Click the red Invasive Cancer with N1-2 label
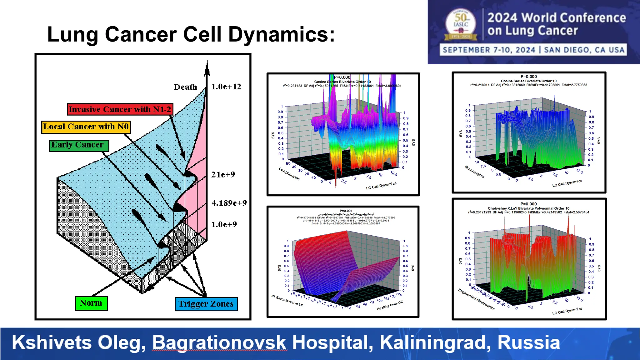(120, 109)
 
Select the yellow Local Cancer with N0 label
(86, 127)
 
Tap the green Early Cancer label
(79, 145)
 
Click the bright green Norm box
(91, 303)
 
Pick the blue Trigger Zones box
(206, 304)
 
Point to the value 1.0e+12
(226, 87)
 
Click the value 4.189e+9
(229, 203)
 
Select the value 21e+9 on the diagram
(223, 175)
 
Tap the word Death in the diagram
(185, 87)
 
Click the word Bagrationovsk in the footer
(219, 343)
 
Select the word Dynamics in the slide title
(281, 34)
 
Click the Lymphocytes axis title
(289, 174)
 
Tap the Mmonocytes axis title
(474, 172)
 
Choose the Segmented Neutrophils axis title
(476, 299)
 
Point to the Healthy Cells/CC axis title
(390, 306)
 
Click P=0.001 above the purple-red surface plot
(346, 211)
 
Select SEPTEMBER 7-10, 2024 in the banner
(489, 50)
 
